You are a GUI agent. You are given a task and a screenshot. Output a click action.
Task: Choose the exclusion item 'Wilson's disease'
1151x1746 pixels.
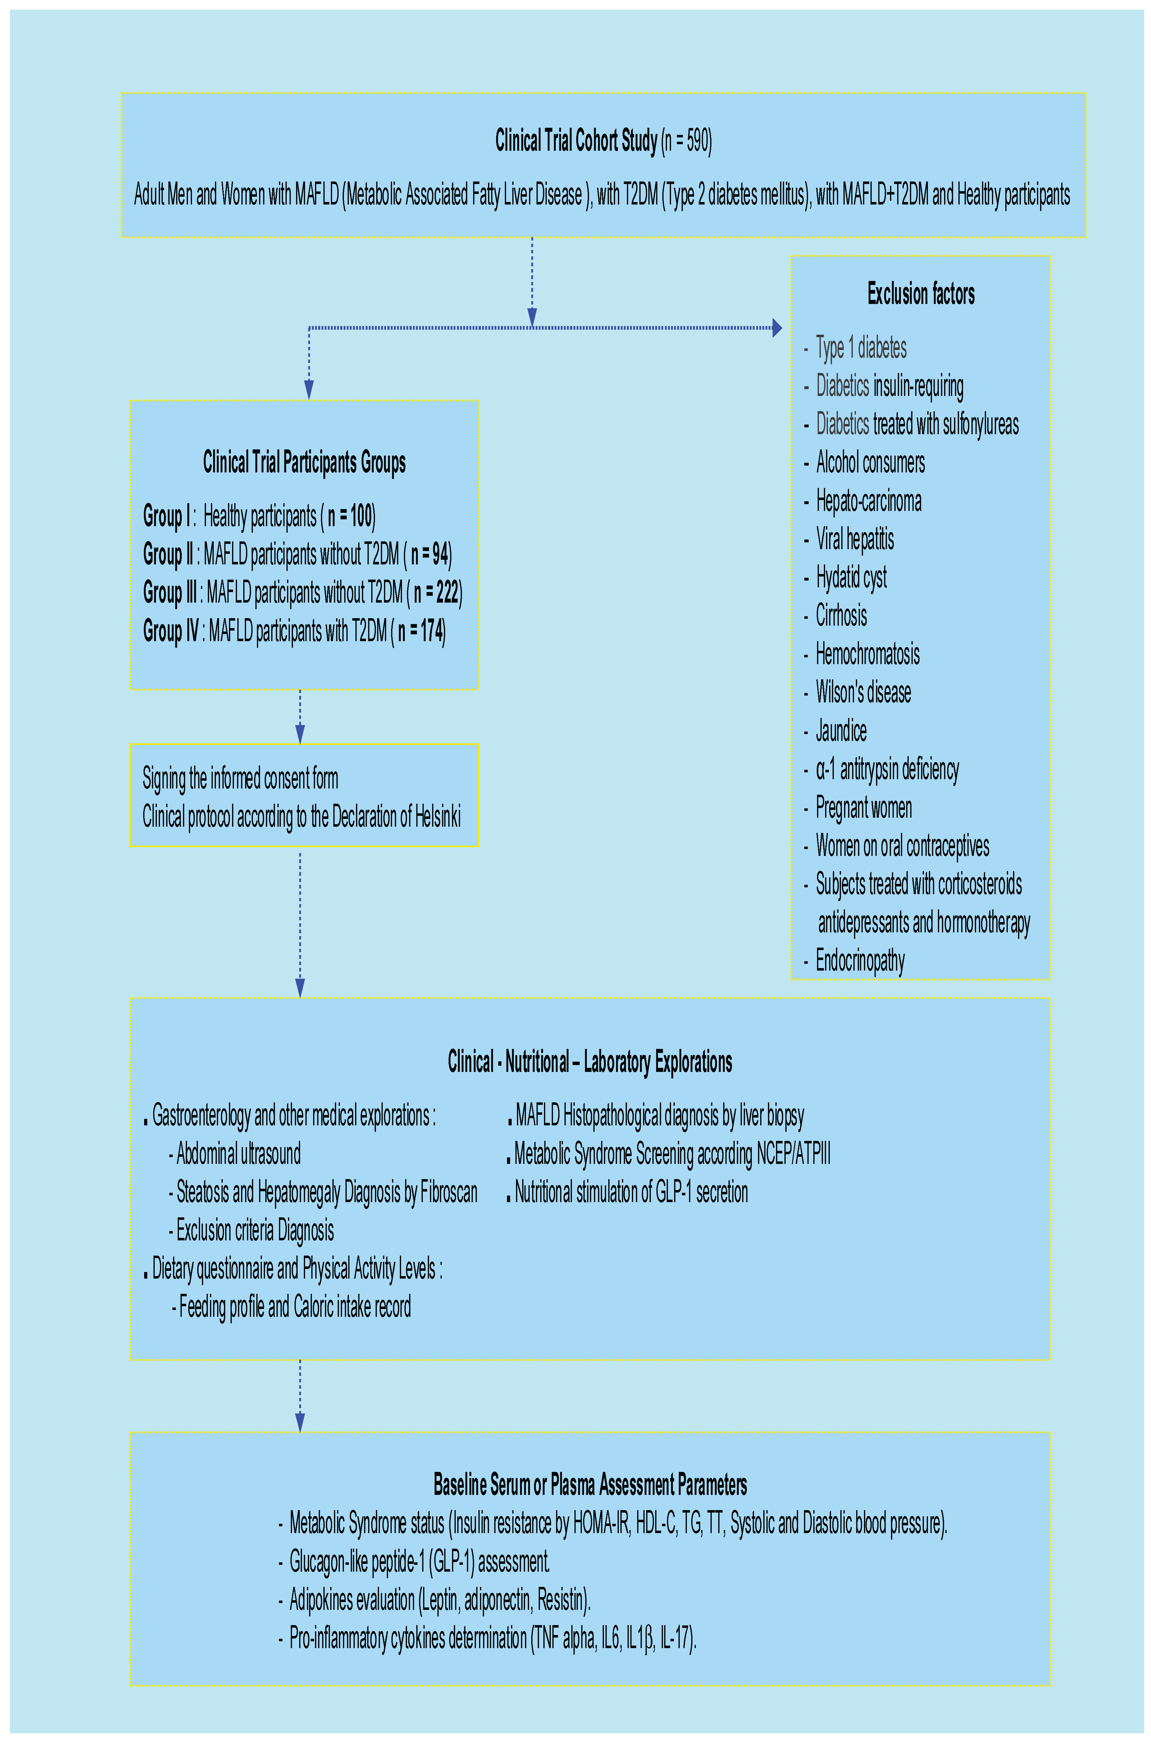tap(863, 692)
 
